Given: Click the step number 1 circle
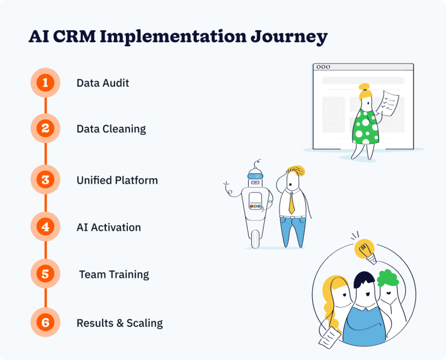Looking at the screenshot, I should [45, 83].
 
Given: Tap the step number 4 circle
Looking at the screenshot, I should [45, 227].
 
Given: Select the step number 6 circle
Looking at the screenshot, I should [45, 322].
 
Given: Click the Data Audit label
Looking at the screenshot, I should [102, 83].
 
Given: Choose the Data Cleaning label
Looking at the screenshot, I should [111, 129].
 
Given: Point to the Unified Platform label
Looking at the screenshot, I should [117, 180].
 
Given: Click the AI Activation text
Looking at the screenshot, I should [109, 227].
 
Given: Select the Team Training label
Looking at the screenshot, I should [114, 275].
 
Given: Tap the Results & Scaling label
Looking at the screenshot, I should [120, 323].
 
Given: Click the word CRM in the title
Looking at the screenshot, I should [74, 36].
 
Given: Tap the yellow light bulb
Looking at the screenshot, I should [364, 249].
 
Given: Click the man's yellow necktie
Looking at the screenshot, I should [292, 204].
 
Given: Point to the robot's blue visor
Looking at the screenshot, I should [255, 176].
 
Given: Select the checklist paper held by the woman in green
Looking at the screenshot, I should [390, 103].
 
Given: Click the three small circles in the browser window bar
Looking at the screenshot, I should [323, 67].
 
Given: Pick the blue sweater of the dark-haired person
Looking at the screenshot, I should [364, 324].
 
